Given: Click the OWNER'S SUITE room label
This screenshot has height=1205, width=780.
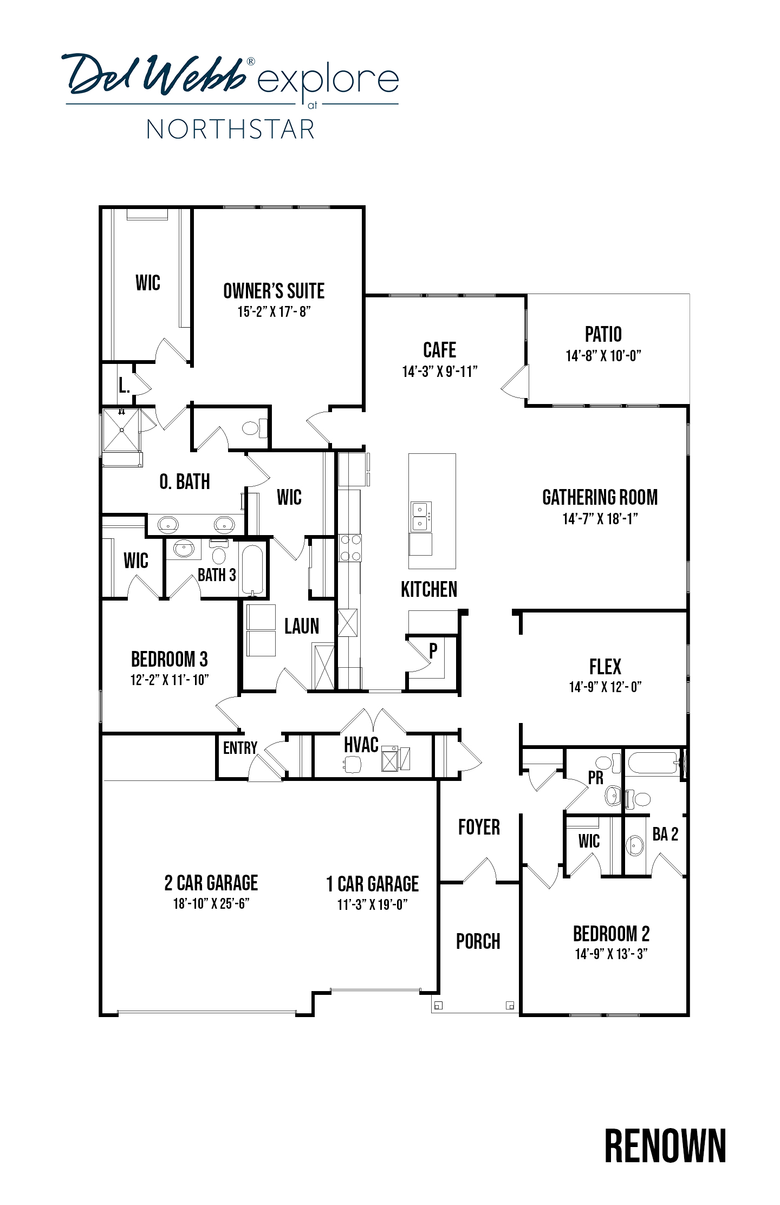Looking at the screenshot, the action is pyautogui.click(x=274, y=291).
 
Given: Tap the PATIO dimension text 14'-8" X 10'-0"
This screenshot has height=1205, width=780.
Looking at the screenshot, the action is pyautogui.click(x=603, y=356).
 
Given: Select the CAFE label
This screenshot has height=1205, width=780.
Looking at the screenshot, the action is pyautogui.click(x=439, y=350).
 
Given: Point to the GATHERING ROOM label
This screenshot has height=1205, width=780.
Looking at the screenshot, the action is pyautogui.click(x=600, y=497).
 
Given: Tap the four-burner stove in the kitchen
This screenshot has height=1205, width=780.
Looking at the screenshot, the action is pyautogui.click(x=349, y=548).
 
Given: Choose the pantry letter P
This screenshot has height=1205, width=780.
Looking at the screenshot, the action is pyautogui.click(x=433, y=651).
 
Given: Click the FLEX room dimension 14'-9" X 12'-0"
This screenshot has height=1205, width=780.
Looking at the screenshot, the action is pyautogui.click(x=605, y=687).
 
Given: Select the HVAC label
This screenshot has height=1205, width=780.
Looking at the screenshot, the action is pyautogui.click(x=361, y=745).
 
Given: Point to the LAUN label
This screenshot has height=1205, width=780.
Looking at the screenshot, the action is pyautogui.click(x=302, y=626).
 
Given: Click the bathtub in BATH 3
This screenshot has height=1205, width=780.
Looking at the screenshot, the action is pyautogui.click(x=252, y=569).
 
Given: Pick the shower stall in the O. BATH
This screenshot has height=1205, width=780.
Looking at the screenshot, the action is pyautogui.click(x=121, y=429).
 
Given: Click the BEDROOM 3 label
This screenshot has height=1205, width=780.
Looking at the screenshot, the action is pyautogui.click(x=170, y=659).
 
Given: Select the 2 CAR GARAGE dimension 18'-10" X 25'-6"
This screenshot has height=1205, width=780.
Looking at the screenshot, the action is pyautogui.click(x=211, y=904).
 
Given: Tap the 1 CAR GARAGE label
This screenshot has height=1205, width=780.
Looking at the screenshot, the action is pyautogui.click(x=373, y=884).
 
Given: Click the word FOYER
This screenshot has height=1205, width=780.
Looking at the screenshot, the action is pyautogui.click(x=479, y=827).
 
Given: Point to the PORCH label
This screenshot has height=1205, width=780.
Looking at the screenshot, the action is pyautogui.click(x=478, y=941).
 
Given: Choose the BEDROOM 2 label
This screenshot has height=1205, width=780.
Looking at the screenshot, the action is pyautogui.click(x=612, y=934).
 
